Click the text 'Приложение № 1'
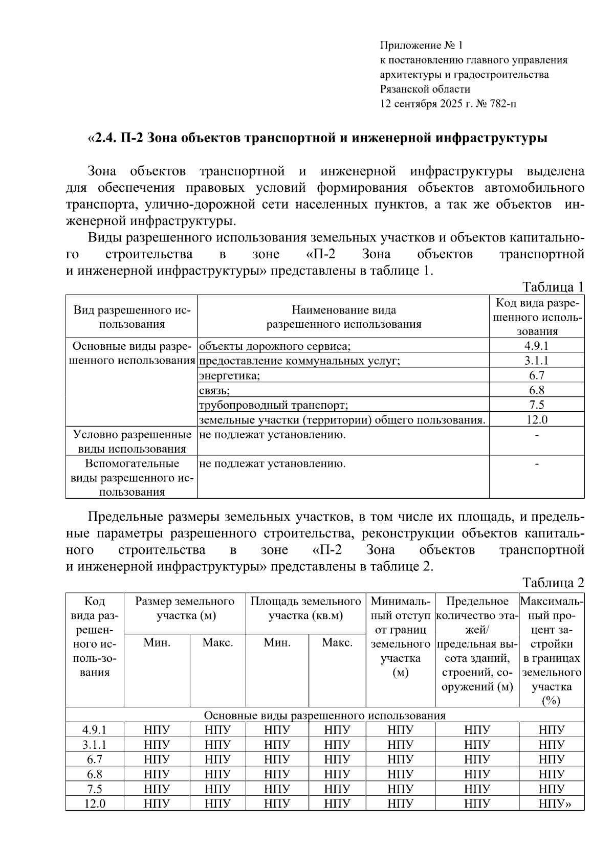click(421, 46)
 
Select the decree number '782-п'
click(503, 104)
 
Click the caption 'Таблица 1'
click(552, 287)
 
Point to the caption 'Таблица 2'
click(553, 583)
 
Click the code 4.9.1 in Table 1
click(536, 346)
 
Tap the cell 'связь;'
click(214, 390)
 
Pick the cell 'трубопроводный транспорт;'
click(273, 405)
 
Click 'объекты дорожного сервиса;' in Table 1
click(275, 346)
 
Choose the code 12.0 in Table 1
click(536, 420)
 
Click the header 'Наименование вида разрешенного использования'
click(343, 317)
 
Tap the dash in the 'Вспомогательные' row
click(536, 464)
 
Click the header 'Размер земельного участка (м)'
click(185, 608)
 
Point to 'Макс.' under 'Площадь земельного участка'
click(337, 643)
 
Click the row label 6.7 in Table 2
click(95, 759)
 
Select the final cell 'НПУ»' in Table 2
click(554, 804)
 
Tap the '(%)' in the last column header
click(551, 701)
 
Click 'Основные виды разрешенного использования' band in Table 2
click(324, 715)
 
